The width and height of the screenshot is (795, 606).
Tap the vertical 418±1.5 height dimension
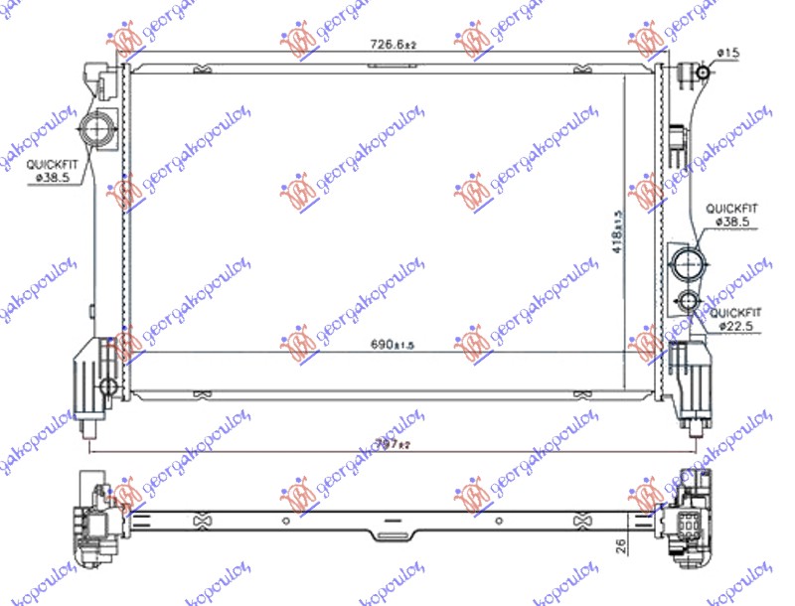616,230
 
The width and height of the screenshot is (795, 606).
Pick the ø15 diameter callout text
728,52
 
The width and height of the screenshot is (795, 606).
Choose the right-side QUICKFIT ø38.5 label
732,217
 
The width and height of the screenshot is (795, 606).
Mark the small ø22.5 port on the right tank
689,302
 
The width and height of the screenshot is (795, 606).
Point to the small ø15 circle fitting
702,72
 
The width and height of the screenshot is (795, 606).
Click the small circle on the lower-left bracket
107,384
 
